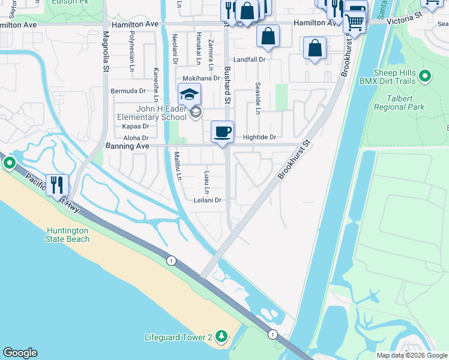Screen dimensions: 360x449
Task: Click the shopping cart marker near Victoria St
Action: pyautogui.click(x=354, y=23)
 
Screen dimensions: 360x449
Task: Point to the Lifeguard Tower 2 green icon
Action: pyautogui.click(x=221, y=337)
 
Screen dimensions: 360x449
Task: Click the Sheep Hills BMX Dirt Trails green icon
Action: pyautogui.click(x=425, y=76)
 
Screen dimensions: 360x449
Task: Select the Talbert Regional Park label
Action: pyautogui.click(x=399, y=102)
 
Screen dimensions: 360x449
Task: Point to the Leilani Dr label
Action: pyautogui.click(x=208, y=200)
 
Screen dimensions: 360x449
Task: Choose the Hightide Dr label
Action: pyautogui.click(x=259, y=137)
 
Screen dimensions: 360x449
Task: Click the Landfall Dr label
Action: pyautogui.click(x=249, y=60)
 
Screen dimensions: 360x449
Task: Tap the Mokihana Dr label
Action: pyautogui.click(x=201, y=79)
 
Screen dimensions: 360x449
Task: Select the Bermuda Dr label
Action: pyautogui.click(x=128, y=91)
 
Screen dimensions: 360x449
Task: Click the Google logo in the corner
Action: pyautogui.click(x=20, y=353)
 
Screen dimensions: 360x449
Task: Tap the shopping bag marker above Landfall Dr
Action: pyautogui.click(x=268, y=37)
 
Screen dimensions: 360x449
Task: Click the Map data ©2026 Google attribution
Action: pyautogui.click(x=412, y=355)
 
